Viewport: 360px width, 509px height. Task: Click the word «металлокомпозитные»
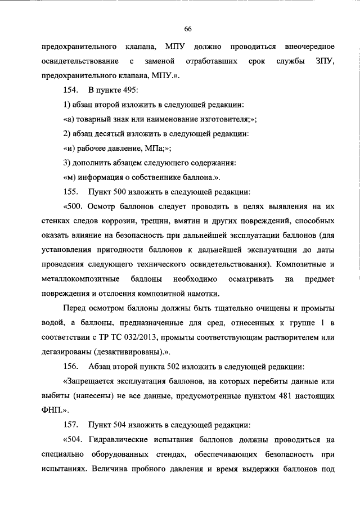(x=80, y=279)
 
